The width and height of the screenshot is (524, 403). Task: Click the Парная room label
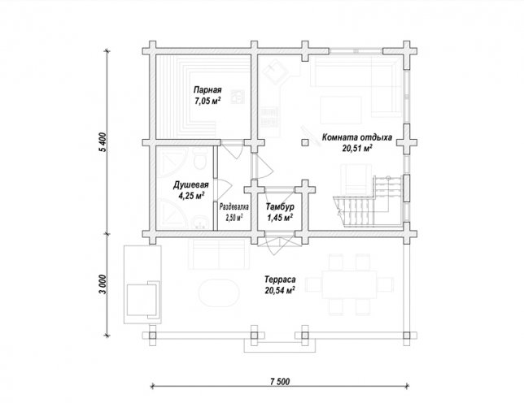(207, 90)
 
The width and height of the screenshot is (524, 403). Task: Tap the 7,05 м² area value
(207, 101)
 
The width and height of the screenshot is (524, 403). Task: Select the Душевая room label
(191, 185)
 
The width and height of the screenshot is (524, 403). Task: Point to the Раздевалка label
(234, 207)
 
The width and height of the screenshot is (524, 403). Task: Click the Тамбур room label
(280, 207)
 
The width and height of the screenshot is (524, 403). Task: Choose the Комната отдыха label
(357, 137)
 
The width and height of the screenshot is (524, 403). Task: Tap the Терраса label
(280, 279)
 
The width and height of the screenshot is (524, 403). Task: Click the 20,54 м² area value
(280, 291)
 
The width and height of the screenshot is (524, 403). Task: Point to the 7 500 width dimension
(280, 381)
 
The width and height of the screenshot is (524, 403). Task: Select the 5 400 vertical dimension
(103, 142)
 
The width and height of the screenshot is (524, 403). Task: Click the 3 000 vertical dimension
(103, 284)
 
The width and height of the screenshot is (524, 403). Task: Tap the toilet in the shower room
(200, 159)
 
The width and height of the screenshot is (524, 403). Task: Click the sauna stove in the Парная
(238, 97)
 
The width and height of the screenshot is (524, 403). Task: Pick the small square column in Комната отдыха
(304, 142)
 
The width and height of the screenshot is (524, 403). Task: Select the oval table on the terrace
(219, 293)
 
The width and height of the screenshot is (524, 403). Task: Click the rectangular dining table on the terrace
(349, 284)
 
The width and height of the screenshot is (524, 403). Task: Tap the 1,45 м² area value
(280, 218)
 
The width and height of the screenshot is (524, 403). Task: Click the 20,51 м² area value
(357, 149)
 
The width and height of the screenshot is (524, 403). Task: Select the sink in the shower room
(200, 223)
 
